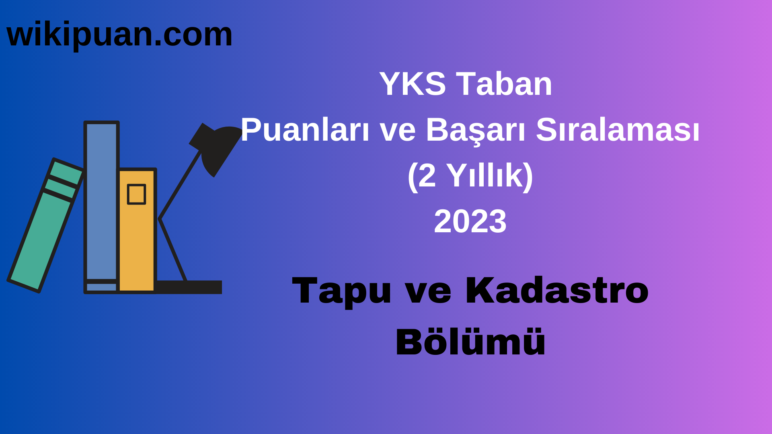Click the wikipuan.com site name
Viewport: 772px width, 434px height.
click(x=119, y=35)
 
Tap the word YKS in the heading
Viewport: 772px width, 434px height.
click(x=412, y=84)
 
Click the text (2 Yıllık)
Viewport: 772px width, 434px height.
click(x=470, y=176)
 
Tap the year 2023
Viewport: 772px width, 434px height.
click(x=470, y=221)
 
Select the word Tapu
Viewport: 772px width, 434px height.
click(x=341, y=291)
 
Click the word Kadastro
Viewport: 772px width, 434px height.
click(x=556, y=290)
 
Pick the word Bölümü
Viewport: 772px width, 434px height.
click(x=470, y=342)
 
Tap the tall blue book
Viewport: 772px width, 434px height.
click(x=101, y=201)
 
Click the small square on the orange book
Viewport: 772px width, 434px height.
click(x=136, y=194)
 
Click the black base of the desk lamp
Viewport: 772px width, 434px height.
click(x=189, y=287)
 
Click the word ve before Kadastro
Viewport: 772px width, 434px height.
click(x=428, y=291)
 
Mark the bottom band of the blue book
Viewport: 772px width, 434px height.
click(x=101, y=287)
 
